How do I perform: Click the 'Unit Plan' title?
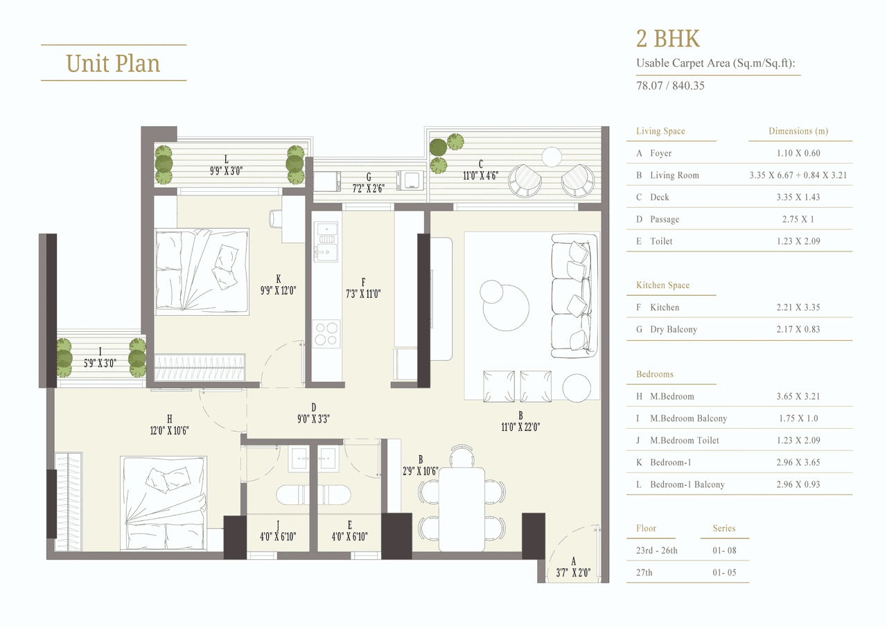(113, 63)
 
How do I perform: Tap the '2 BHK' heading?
(669, 38)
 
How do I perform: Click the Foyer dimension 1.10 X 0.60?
(798, 153)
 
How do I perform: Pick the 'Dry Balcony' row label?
(673, 329)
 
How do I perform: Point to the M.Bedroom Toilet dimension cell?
(798, 441)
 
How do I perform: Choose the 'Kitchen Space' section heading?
(662, 285)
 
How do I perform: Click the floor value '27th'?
(644, 573)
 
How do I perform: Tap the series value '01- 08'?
(724, 551)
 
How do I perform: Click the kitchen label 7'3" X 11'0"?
(363, 288)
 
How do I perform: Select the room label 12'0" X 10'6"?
(168, 424)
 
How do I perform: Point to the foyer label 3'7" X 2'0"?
(574, 567)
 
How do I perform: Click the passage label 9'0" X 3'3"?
(313, 412)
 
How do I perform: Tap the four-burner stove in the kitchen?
(326, 334)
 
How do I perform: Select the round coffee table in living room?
(507, 307)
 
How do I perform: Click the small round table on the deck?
(552, 157)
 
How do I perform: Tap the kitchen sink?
(326, 242)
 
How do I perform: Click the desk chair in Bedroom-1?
(275, 218)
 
